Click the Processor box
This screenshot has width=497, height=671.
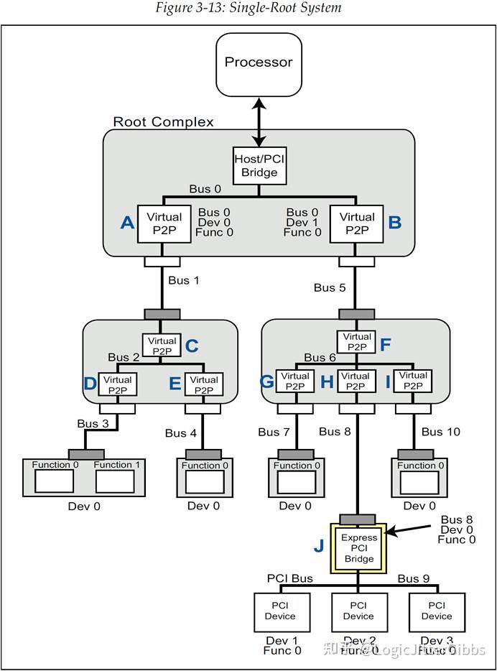pyautogui.click(x=259, y=64)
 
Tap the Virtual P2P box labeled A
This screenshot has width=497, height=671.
pyautogui.click(x=164, y=223)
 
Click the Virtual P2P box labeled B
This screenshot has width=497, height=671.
pyautogui.click(x=357, y=223)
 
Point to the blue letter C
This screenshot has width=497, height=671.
pyautogui.click(x=192, y=346)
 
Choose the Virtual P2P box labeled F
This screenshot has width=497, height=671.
pyautogui.click(x=357, y=342)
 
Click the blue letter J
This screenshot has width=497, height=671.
pyautogui.click(x=318, y=546)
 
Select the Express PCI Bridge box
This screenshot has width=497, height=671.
pyautogui.click(x=358, y=548)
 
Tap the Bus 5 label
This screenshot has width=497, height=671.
pyautogui.click(x=330, y=287)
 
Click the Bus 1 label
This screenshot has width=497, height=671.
pyautogui.click(x=183, y=280)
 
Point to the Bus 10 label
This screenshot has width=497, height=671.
pyautogui.click(x=441, y=432)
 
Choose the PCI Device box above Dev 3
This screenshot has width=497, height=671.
pyautogui.click(x=437, y=611)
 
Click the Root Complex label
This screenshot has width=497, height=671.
pyautogui.click(x=163, y=121)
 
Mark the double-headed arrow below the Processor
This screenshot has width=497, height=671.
pyautogui.click(x=259, y=121)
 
